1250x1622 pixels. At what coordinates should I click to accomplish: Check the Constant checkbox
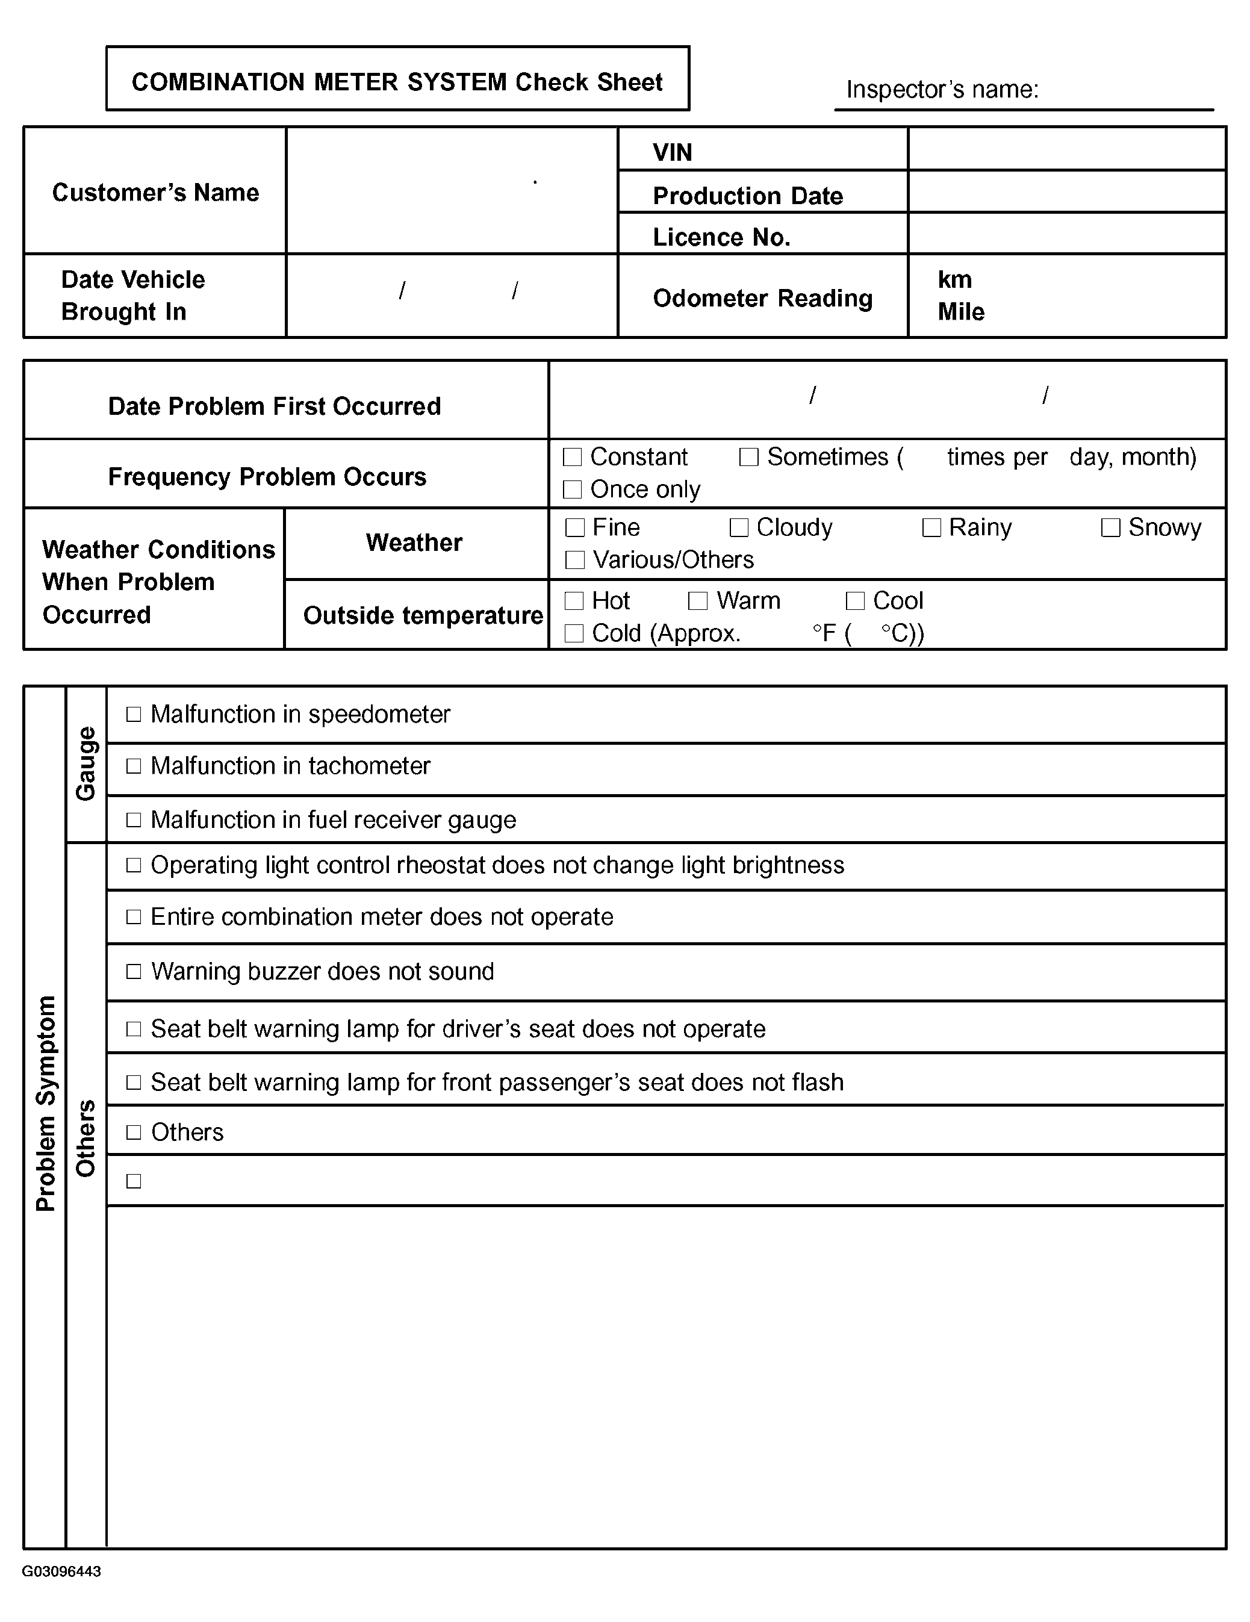pos(572,457)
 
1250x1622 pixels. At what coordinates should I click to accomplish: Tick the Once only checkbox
pos(572,489)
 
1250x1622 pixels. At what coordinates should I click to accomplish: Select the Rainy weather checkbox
pos(931,527)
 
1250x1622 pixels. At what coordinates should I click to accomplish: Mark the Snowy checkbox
pos(1110,527)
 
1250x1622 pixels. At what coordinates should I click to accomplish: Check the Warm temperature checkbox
pos(697,601)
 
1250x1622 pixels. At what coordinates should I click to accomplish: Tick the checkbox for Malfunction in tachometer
pos(134,766)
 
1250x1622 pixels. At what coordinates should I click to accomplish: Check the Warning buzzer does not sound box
pos(134,971)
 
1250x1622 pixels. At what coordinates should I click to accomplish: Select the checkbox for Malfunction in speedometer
pos(134,715)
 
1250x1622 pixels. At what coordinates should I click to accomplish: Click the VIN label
pos(672,152)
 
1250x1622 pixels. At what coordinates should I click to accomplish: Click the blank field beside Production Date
pos(1066,192)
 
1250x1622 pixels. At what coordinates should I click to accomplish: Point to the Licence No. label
pos(721,237)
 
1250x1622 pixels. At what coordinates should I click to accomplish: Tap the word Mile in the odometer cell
pos(961,312)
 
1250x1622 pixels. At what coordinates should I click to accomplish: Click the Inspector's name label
pos(942,90)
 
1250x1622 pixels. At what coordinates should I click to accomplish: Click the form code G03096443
pos(61,1571)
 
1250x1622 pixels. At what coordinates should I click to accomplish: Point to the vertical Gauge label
pos(86,763)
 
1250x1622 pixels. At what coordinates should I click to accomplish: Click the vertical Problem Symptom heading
pos(45,1103)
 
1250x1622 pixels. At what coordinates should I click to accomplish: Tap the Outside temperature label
pos(423,616)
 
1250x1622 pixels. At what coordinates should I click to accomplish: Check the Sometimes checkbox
pos(748,457)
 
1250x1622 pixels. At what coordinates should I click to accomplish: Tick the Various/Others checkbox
pos(575,560)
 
